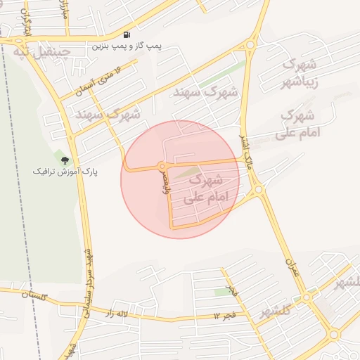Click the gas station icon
click(127, 34)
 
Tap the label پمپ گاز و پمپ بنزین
click(126, 46)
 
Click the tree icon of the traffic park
click(65, 160)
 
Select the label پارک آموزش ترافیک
click(65, 171)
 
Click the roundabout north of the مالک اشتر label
click(250, 46)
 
